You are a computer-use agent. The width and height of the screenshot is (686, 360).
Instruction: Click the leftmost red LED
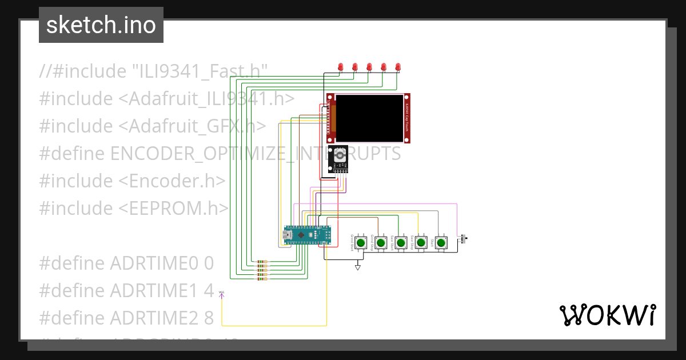[341, 67]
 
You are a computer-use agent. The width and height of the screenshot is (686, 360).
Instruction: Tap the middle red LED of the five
[369, 67]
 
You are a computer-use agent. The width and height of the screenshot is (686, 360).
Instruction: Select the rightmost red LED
[398, 67]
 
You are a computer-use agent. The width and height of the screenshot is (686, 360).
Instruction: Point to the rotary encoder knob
[340, 155]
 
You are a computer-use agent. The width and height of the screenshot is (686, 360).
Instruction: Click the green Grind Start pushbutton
[361, 243]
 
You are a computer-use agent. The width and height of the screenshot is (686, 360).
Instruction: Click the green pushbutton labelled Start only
[441, 243]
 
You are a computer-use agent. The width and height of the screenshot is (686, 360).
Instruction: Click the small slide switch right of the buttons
[464, 239]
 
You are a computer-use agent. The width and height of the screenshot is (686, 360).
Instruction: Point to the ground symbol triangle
[358, 267]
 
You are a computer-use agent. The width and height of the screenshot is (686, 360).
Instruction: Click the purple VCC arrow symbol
[222, 294]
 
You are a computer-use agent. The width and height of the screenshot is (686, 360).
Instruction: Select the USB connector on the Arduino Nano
[288, 234]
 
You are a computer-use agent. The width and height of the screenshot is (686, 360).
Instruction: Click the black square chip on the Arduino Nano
[302, 235]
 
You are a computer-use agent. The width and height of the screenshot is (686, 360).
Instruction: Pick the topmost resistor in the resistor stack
[262, 262]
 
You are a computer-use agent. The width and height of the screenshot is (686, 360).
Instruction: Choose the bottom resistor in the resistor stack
[262, 279]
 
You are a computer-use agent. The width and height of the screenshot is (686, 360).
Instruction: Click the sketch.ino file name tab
[101, 25]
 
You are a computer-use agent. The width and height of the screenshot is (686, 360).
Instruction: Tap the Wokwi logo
[607, 315]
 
